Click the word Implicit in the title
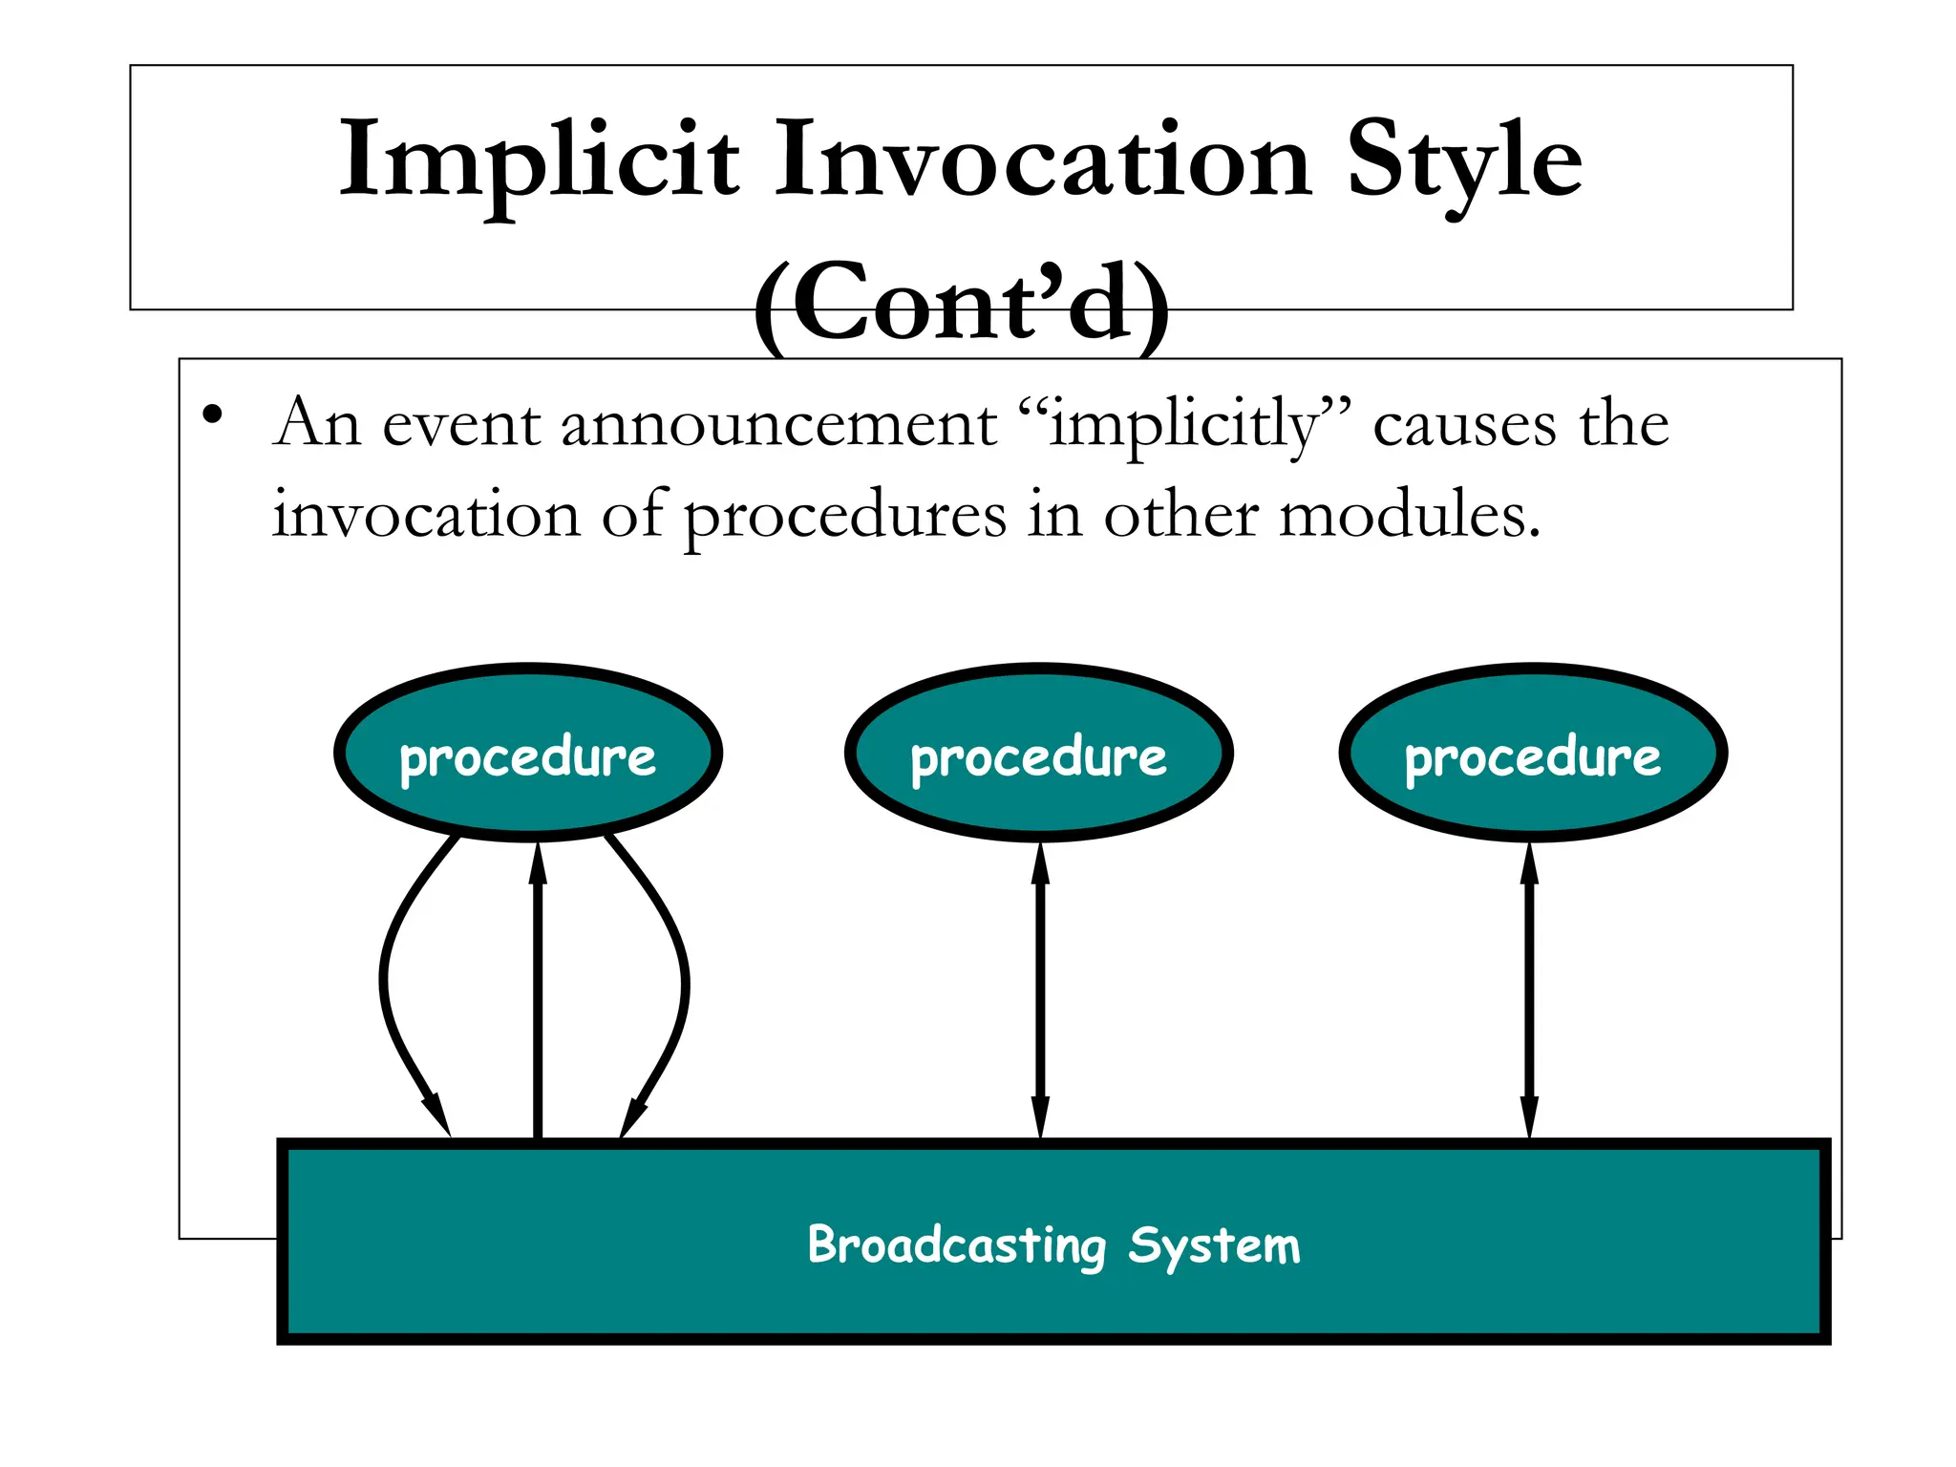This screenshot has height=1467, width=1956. (540, 160)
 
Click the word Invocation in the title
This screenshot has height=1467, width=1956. (1041, 160)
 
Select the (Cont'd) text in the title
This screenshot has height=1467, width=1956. (961, 304)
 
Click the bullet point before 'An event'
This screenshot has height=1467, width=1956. (212, 415)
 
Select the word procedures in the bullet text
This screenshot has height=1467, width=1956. (845, 516)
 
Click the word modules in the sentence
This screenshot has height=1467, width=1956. (1409, 516)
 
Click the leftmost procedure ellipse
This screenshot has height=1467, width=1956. (527, 754)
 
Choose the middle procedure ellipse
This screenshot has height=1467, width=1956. (1038, 754)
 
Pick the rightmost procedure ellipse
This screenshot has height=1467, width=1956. (1533, 754)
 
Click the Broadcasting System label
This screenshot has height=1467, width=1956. (1053, 1244)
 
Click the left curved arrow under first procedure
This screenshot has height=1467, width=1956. (386, 984)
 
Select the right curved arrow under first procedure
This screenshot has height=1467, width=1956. (683, 984)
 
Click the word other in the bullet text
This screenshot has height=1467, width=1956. (1180, 516)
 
